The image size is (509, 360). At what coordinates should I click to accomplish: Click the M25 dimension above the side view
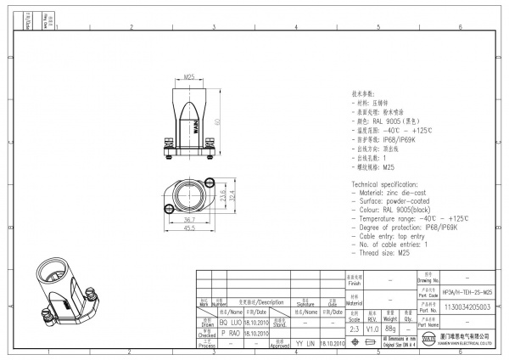pos(190,77)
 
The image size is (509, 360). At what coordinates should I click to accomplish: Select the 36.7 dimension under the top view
pos(189,219)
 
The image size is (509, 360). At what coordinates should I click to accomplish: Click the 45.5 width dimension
pos(190,228)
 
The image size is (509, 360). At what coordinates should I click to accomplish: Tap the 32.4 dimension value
pos(232,197)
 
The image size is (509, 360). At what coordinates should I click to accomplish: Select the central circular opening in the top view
pos(189,197)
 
